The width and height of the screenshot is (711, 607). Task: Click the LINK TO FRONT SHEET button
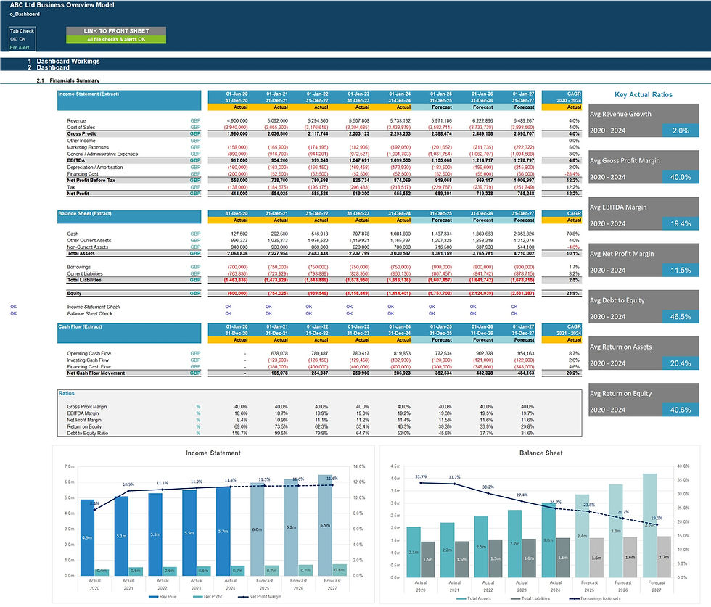116,31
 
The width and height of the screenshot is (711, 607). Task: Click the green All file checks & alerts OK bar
116,39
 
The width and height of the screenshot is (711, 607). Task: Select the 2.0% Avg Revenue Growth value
681,130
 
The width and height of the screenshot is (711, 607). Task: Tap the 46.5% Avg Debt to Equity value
681,316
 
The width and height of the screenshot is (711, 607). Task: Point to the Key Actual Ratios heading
643,95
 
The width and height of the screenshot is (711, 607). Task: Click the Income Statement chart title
213,453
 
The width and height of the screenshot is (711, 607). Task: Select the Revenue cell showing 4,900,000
237,120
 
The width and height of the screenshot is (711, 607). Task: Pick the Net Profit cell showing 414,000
237,194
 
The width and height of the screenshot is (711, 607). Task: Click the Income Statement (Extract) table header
89,94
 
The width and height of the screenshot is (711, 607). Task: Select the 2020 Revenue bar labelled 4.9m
88,537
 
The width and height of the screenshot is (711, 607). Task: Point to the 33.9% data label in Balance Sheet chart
421,476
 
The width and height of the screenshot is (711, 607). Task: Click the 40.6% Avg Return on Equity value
681,410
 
